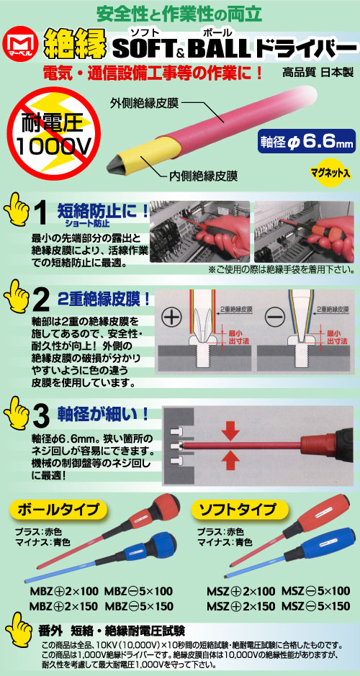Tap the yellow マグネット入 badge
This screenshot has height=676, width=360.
[x=330, y=173]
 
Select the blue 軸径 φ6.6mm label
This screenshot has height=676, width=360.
[x=307, y=141]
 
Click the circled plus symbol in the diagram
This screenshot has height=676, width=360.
[x=173, y=319]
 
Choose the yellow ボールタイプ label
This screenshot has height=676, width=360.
[x=58, y=509]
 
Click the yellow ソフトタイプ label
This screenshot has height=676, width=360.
[x=238, y=509]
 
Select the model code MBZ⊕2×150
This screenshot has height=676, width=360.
[x=63, y=605]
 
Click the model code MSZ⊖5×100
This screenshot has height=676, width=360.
[x=315, y=590]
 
